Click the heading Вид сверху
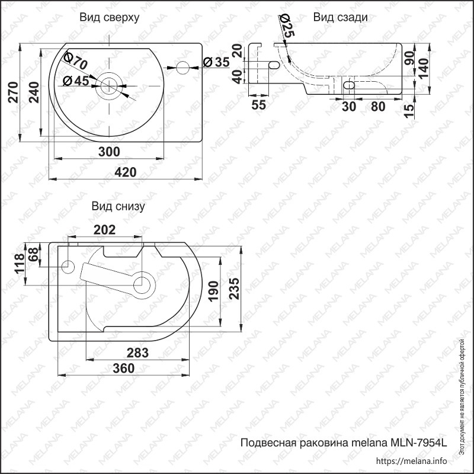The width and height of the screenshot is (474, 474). point(110,18)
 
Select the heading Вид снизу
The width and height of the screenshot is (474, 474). point(118,207)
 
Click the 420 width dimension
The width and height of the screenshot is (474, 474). point(125,172)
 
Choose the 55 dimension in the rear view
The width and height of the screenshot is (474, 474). point(258,105)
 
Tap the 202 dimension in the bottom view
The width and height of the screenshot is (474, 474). point(104,230)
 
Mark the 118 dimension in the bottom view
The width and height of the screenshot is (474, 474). point(19,263)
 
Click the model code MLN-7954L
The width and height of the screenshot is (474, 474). point(418,443)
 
